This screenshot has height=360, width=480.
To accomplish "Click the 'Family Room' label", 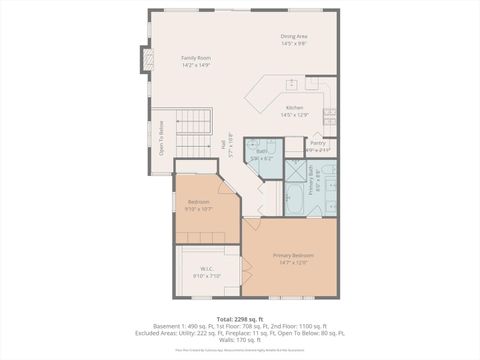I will click(x=195, y=58).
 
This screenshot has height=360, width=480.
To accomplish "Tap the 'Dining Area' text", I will click(x=293, y=37).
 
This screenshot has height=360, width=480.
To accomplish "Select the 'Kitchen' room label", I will click(x=294, y=107).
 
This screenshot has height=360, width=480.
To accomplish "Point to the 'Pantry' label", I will click(x=317, y=143).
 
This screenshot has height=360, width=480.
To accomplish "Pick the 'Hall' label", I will click(x=223, y=143).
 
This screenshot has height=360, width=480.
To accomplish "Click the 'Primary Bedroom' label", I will click(x=293, y=255).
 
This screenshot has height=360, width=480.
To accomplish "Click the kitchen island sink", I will click(x=292, y=84).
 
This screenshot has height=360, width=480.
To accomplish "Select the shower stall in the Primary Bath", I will click(x=296, y=170).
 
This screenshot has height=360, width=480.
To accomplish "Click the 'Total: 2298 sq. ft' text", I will click(x=240, y=318).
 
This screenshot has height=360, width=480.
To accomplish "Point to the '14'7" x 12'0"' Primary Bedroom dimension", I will click(x=293, y=263).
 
